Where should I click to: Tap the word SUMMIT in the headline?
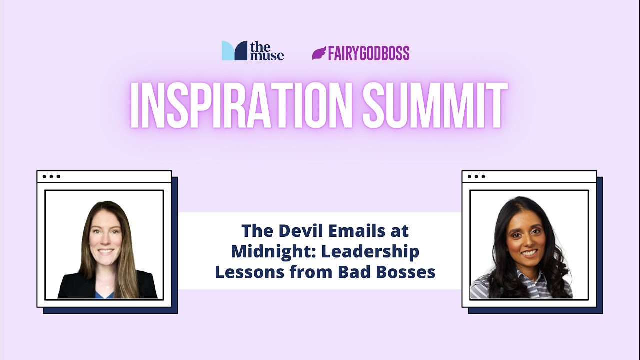tap(435, 106)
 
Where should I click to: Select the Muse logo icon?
tap(234, 51)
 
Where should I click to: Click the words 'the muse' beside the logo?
tap(267, 51)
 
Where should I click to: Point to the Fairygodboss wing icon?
tap(319, 53)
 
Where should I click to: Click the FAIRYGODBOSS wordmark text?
tap(369, 53)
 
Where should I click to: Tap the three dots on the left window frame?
tap(51, 176)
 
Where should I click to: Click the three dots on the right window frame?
tap(476, 176)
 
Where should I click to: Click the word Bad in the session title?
tap(351, 273)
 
